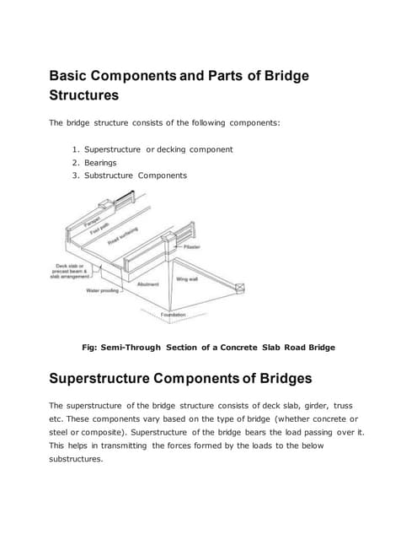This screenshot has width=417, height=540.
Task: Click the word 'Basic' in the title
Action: pyautogui.click(x=72, y=76)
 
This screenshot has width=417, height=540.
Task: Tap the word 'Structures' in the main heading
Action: pyautogui.click(x=94, y=95)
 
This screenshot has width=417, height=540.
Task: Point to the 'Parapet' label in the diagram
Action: pyautogui.click(x=81, y=223)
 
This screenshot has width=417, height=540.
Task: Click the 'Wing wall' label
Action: pyautogui.click(x=187, y=278)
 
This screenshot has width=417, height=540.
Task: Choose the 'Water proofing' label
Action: pyautogui.click(x=102, y=291)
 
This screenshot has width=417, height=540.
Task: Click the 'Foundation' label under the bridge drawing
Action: pyautogui.click(x=173, y=315)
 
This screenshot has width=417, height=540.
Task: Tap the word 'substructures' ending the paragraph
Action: pyautogui.click(x=76, y=459)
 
